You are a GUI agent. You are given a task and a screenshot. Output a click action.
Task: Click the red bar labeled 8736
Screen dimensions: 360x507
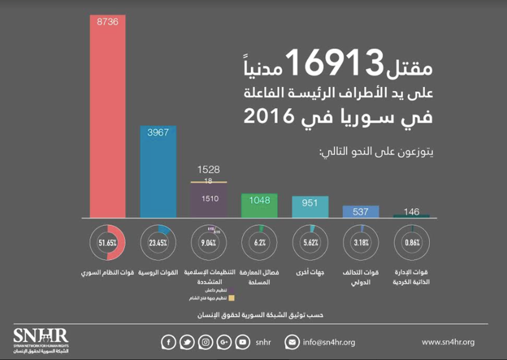[108, 117]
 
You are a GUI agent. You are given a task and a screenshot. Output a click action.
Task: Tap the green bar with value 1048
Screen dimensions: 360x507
[259, 206]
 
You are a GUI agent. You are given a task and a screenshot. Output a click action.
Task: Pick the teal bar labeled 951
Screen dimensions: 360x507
[310, 207]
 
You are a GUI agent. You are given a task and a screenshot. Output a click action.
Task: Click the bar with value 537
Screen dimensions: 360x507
[361, 212]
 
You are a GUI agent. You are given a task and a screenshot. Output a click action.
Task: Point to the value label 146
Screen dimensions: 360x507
[412, 211]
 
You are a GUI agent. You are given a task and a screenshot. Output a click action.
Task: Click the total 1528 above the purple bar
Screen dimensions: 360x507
[208, 170]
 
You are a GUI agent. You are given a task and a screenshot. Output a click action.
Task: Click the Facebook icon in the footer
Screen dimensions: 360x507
[168, 342]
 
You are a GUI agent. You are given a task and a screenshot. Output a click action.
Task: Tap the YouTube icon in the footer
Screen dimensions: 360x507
[242, 342]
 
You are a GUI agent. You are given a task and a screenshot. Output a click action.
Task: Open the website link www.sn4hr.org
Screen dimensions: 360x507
[448, 342]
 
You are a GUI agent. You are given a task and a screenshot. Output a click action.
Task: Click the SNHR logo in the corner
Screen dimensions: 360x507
[41, 340]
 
